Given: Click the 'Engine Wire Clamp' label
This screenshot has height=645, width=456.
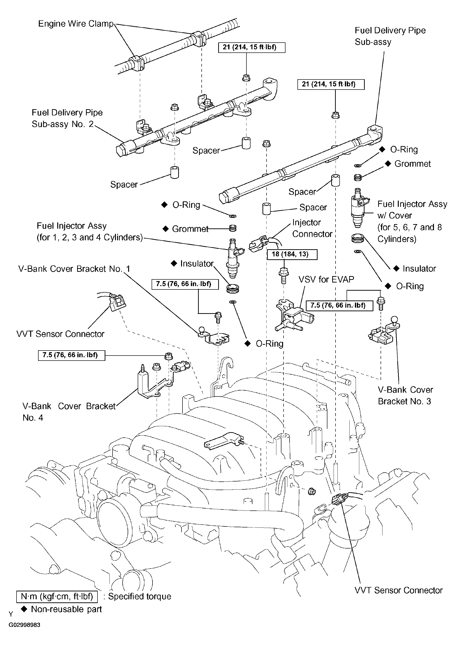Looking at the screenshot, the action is coord(76,24).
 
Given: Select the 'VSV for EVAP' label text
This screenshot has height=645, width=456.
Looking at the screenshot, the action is coord(326,279).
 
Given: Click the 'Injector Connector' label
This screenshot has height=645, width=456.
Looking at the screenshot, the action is coord(312,228).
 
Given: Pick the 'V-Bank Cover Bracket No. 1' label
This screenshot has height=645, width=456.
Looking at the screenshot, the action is coord(74,269).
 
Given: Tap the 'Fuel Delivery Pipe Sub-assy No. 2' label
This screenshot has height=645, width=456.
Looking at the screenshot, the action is coord(67,118).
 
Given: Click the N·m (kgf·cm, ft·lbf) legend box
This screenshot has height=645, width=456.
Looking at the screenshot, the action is coord(57,596).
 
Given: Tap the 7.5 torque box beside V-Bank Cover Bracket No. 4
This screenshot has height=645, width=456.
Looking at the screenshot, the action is coord(72,355).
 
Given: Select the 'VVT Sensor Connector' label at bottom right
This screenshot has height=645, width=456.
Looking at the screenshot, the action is coord(399,590).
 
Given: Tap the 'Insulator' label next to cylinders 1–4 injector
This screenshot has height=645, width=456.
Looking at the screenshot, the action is coord(197,264).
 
